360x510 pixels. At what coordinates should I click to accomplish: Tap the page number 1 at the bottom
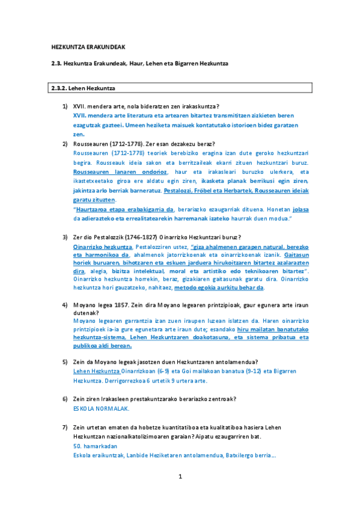tap(180, 477)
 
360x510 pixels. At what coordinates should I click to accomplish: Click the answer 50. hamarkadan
tap(95, 446)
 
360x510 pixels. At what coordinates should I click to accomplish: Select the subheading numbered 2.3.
tap(139, 63)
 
